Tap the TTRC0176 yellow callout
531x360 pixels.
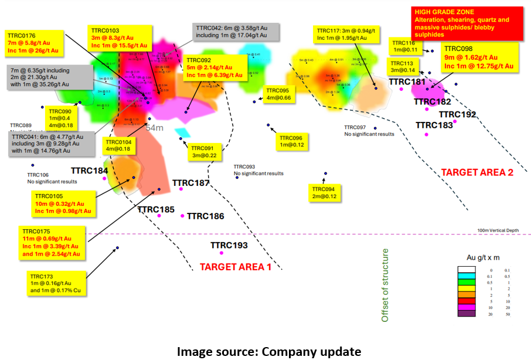tap(33, 43)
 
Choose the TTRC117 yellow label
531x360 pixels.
tap(343, 34)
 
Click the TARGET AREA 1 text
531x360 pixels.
tap(236, 267)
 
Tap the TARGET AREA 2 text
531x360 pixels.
tap(477, 172)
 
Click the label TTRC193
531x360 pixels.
tap(229, 245)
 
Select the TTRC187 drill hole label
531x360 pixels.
tap(190, 183)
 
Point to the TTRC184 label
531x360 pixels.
tap(89, 171)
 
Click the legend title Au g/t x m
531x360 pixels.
tap(482, 257)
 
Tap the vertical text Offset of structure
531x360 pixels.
tap(385, 286)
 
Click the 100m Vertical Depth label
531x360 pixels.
tap(498, 230)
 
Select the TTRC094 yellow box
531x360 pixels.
tap(324, 193)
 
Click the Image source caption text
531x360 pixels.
tap(269, 351)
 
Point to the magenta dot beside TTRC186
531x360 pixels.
tap(183, 216)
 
